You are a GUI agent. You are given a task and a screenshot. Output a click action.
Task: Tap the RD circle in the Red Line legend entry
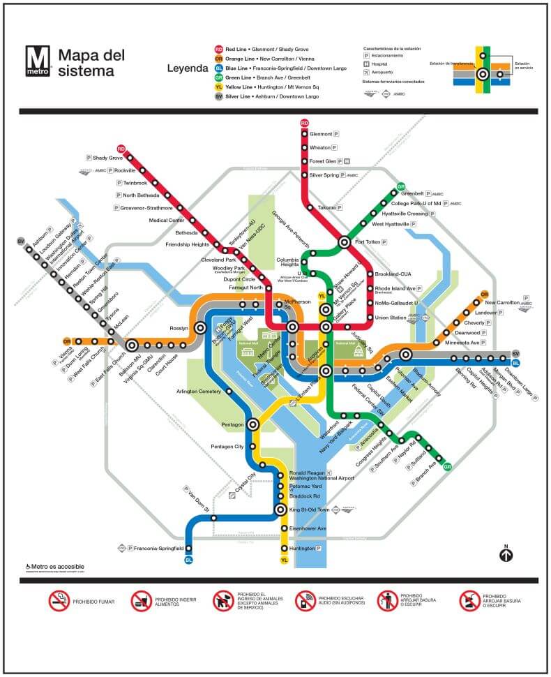click(x=219, y=50)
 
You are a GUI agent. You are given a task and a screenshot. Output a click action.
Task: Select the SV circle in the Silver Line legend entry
click(x=219, y=96)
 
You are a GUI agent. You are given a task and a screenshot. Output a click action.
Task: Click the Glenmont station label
click(x=321, y=134)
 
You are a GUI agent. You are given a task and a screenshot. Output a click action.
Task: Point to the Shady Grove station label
click(x=107, y=158)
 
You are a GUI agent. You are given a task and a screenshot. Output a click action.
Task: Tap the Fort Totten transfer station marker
click(x=344, y=242)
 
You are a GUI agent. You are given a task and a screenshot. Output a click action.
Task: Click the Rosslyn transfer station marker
click(x=200, y=327)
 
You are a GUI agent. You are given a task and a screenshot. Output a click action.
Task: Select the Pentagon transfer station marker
click(x=252, y=424)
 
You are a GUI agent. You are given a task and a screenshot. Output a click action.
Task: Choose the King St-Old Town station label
click(x=313, y=510)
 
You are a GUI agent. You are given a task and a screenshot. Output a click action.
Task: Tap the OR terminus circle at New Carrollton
click(x=484, y=295)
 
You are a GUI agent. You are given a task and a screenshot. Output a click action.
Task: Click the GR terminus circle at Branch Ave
click(x=447, y=467)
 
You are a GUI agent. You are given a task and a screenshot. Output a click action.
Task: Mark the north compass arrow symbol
click(x=506, y=555)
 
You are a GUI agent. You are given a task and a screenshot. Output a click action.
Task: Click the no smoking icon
click(x=59, y=600)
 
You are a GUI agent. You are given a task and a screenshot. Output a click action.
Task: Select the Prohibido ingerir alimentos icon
click(x=141, y=600)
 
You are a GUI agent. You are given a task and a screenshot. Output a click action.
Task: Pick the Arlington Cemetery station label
click(x=198, y=392)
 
